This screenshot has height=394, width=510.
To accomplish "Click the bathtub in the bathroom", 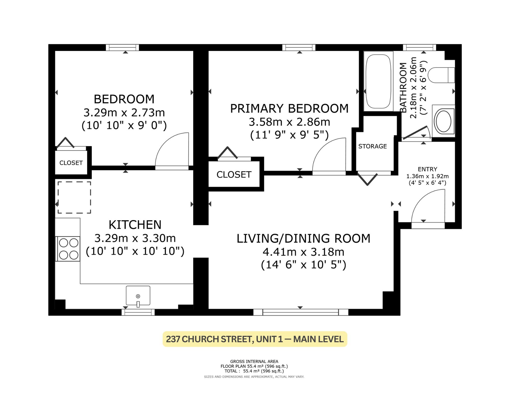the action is coord(378,81).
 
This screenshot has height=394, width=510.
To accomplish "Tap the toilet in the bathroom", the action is coord(441,75).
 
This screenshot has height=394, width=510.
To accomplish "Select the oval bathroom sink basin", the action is coord(444,121).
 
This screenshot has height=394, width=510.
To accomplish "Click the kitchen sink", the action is coord(138,296).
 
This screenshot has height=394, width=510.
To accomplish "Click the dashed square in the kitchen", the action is coord(74,197).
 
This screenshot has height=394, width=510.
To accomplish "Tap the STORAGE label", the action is coord(373,146).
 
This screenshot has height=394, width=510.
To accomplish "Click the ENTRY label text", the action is coord(427,169).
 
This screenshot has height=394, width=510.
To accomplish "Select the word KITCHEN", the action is coord(135,225).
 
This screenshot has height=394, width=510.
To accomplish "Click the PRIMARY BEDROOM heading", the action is coord(289,108).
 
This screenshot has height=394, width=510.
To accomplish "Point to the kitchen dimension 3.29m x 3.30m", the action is coord(135,238).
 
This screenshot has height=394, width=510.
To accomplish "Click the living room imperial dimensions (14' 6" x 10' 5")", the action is coord(303,265).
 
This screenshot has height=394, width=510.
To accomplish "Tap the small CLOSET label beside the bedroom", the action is coord(71,163).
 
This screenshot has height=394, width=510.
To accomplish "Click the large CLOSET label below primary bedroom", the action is coord(234,175).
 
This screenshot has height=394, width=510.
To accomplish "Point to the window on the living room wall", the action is coord(301,312).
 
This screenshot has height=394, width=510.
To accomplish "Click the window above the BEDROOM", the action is coord(122,47).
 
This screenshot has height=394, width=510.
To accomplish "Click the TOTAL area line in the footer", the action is coord(254,371).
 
